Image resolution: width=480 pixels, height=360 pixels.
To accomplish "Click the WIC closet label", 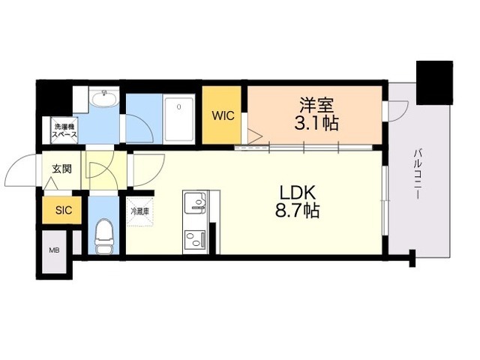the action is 223,116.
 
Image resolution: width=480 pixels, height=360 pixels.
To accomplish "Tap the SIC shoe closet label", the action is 64,210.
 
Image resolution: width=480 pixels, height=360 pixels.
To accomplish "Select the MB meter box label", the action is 55,250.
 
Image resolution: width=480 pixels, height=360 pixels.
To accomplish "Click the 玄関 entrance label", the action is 62,169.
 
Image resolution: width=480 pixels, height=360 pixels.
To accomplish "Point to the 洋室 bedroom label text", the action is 316,105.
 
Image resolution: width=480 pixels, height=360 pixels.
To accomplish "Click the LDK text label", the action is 298,193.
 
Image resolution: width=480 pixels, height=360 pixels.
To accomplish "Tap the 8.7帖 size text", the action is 297,211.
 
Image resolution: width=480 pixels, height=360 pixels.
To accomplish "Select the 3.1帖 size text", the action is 316,123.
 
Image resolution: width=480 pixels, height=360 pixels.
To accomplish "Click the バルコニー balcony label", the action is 417,173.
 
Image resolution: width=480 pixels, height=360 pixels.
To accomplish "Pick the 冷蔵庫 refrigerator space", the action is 140,211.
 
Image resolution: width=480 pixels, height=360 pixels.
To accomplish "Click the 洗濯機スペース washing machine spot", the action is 64,130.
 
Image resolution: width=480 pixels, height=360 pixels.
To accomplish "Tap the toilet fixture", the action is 103,236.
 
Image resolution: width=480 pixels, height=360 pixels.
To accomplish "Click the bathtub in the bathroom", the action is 179,119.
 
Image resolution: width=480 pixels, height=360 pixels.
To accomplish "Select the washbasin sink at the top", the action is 105,99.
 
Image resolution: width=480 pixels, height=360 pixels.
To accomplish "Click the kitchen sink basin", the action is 195,202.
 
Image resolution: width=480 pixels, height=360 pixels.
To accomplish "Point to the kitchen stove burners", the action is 195,239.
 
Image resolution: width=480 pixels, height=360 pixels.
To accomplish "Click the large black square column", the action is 434,82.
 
